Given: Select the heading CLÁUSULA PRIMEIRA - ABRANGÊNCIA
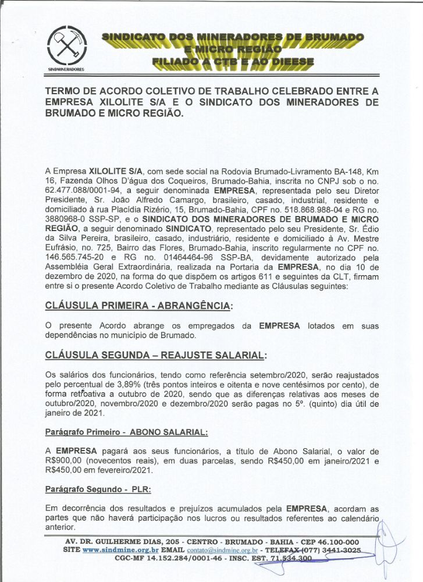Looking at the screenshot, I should [x=137, y=306].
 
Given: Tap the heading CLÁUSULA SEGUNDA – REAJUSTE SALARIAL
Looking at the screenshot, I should [x=156, y=355].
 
